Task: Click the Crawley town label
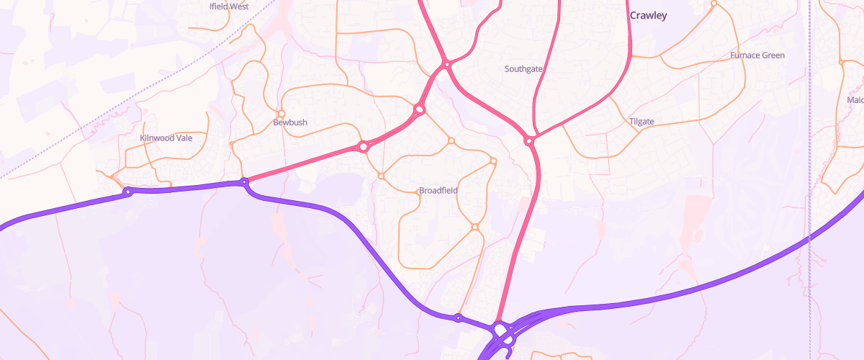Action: [x=648, y=15]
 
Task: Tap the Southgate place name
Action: [x=523, y=69]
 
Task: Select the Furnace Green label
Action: [x=757, y=55]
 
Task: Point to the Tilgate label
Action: [x=641, y=121]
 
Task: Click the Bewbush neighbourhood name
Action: [x=290, y=122]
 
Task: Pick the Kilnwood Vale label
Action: [x=166, y=137]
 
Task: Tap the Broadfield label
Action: [x=438, y=190]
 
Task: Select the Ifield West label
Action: [x=228, y=6]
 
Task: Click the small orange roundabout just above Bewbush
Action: [x=282, y=114]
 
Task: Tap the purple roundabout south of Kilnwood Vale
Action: [x=128, y=192]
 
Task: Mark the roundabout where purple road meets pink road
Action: [x=244, y=181]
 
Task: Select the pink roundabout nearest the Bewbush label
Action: [x=364, y=147]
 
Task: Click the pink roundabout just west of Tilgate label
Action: [x=529, y=141]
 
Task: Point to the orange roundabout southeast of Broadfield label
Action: [x=475, y=228]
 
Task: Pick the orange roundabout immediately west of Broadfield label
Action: [x=382, y=176]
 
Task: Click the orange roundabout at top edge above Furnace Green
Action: [x=714, y=4]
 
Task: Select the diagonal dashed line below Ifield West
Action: [x=144, y=94]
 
